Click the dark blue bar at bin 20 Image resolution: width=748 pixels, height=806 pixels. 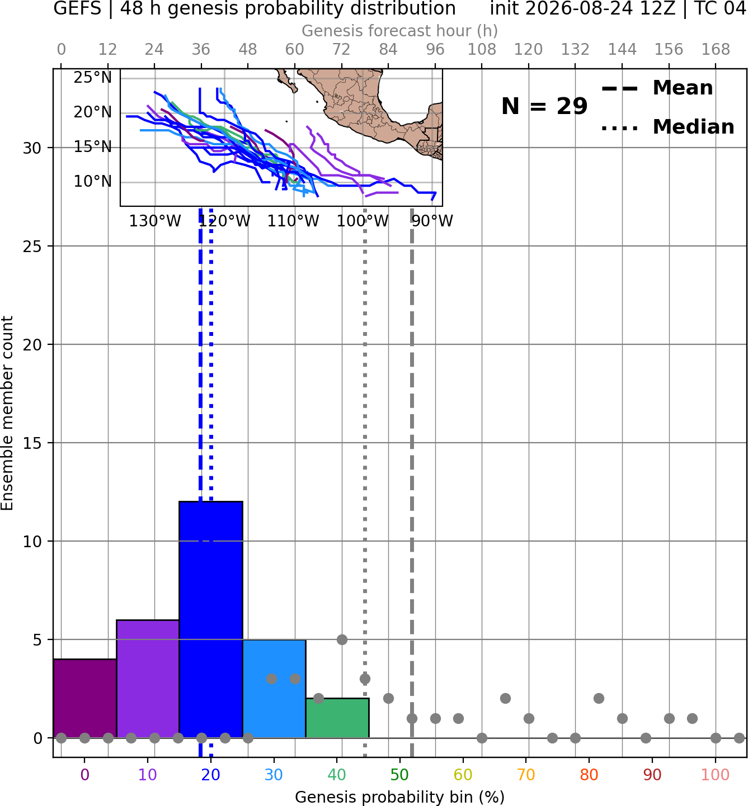click(211, 620)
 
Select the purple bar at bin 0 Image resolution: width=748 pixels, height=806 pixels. click(85, 699)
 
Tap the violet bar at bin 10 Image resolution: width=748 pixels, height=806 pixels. click(148, 679)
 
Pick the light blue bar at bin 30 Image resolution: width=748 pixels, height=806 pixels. click(274, 689)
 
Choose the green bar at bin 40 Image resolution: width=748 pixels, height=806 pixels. click(337, 718)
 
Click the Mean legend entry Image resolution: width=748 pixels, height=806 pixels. click(657, 88)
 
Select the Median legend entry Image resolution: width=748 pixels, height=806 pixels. click(667, 127)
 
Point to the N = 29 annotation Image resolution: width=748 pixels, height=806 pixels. click(544, 106)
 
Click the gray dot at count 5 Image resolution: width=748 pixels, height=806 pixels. click(342, 639)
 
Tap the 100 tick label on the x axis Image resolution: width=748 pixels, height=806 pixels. click(715, 775)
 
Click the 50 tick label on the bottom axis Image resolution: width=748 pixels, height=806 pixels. click(399, 775)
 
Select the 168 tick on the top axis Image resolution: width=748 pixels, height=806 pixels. click(716, 50)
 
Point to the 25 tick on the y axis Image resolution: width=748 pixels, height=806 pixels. click(32, 246)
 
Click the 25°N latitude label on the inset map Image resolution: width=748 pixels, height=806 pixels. click(93, 77)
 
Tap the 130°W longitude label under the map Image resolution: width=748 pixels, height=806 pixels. click(155, 221)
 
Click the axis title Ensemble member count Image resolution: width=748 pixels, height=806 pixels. click(7, 413)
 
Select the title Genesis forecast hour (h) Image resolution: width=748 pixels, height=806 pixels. click(400, 31)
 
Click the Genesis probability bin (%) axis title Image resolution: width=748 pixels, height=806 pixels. click(400, 797)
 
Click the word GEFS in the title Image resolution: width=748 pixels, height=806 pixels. click(77, 8)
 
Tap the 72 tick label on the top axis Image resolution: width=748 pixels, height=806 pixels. click(341, 50)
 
